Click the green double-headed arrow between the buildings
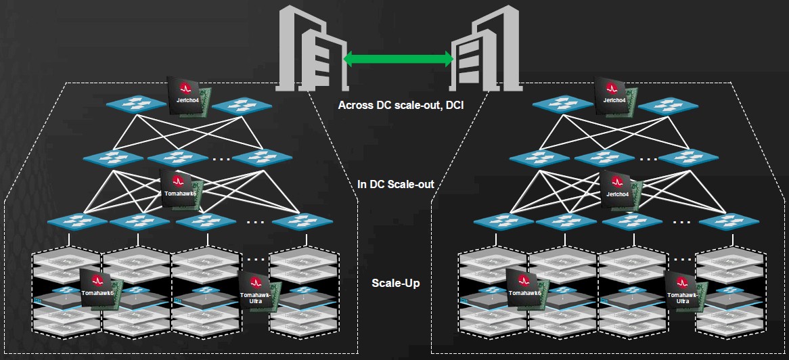point(398,60)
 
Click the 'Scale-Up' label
point(396,283)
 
